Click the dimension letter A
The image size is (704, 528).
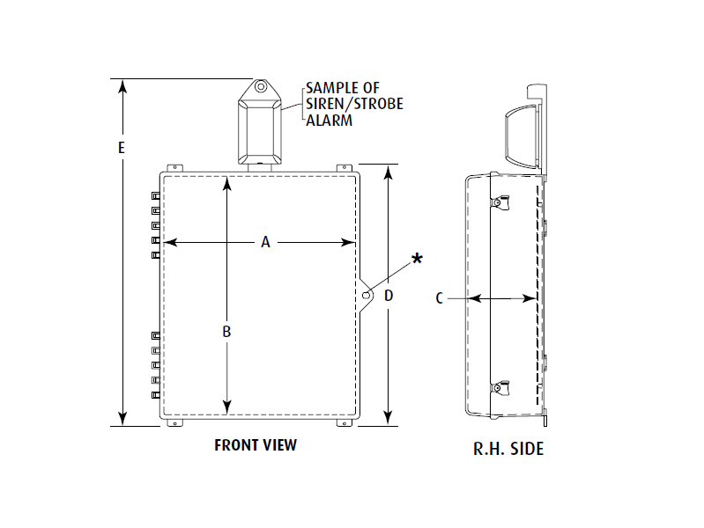pos(264,242)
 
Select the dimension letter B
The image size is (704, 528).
pos(226,332)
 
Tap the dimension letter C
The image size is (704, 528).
pos(439,298)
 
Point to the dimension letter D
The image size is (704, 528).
pos(388,295)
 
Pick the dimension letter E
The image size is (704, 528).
pos(122,148)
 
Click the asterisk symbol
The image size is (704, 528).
pos(417,259)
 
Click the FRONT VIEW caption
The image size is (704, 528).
pos(256,444)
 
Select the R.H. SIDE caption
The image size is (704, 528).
pos(508,449)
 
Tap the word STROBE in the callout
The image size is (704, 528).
pos(375,104)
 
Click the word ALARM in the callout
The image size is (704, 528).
pos(329,120)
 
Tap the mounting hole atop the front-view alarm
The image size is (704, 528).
pos(261,88)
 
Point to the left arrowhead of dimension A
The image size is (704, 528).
pos(170,242)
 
